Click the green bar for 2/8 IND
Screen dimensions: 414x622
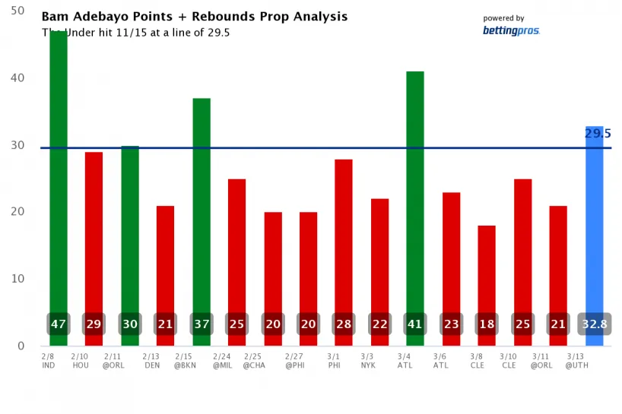[59, 175]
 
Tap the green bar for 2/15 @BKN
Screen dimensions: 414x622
[201, 205]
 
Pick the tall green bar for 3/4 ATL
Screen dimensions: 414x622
[414, 190]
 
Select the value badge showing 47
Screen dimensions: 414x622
[59, 324]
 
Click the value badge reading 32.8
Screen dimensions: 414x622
[594, 324]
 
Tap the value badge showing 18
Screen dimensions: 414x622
[486, 324]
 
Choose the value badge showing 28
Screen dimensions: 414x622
[343, 324]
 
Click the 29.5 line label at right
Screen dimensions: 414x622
[598, 134]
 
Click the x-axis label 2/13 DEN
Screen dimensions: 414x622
[152, 360]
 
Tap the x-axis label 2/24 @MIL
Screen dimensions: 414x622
[224, 360]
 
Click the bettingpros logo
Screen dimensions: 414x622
[510, 31]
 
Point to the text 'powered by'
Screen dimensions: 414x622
[503, 18]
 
